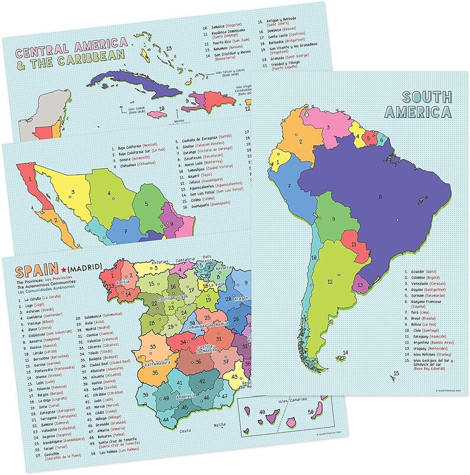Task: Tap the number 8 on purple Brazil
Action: pyautogui.click(x=379, y=197)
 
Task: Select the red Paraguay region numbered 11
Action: pyautogui.click(x=353, y=243)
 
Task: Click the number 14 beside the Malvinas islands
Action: pyautogui.click(x=345, y=353)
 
